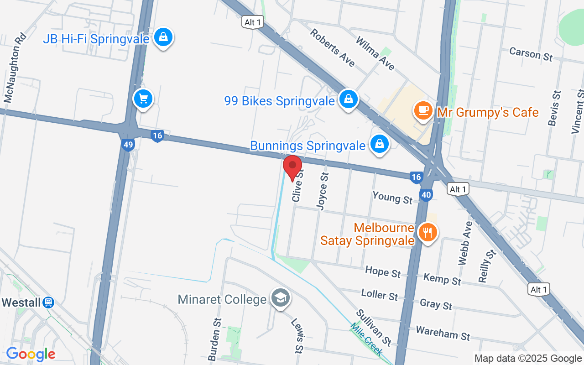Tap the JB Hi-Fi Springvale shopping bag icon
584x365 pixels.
(x=163, y=37)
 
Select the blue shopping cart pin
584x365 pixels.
(x=143, y=98)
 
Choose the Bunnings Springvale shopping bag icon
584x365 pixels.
(x=379, y=144)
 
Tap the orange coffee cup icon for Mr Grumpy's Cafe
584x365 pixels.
(x=423, y=110)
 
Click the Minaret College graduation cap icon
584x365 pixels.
(x=279, y=298)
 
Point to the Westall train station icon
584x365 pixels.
(x=48, y=302)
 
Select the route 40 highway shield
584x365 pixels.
(x=426, y=195)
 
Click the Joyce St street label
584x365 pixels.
(x=323, y=191)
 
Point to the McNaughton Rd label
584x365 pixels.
(x=14, y=68)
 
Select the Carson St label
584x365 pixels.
(x=531, y=54)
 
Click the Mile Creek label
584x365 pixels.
(x=367, y=339)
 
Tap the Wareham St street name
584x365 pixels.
(x=443, y=333)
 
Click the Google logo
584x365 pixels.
(x=31, y=354)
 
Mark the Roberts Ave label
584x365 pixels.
(x=332, y=47)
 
